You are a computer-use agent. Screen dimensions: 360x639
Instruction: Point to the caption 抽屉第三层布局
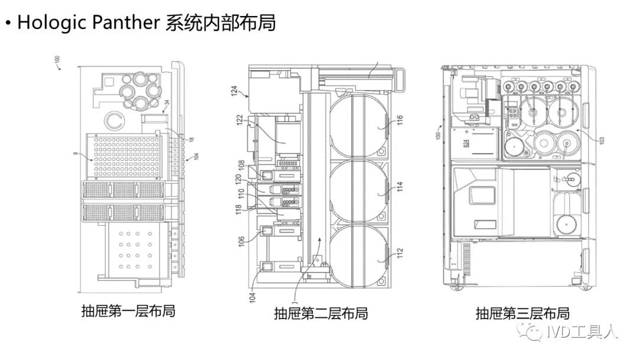[522, 313]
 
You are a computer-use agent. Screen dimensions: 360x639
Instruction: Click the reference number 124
[234, 92]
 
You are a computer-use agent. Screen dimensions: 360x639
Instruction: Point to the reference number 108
[241, 167]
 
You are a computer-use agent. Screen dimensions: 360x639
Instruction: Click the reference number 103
[602, 140]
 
